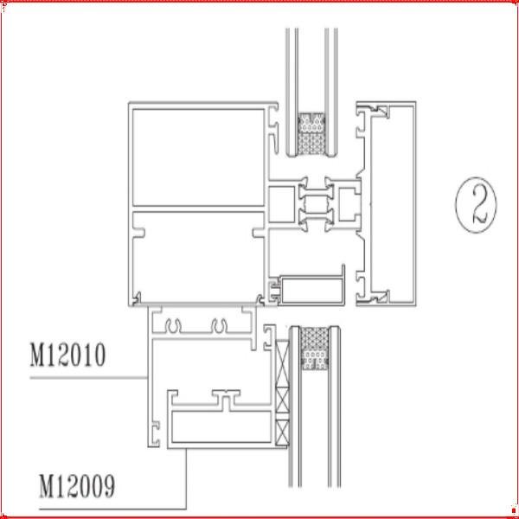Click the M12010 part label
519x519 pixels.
coord(67,356)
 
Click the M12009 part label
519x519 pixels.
coord(77,486)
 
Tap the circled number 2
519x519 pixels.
coord(476,205)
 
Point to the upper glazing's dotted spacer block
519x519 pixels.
coord(311,134)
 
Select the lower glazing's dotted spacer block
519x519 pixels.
coord(315,349)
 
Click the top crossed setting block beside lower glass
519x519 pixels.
coord(282,363)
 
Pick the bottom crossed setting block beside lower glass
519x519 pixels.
coord(282,433)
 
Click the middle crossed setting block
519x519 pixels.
coord(282,401)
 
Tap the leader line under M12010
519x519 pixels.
coord(89,378)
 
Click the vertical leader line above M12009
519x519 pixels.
coord(186,478)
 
